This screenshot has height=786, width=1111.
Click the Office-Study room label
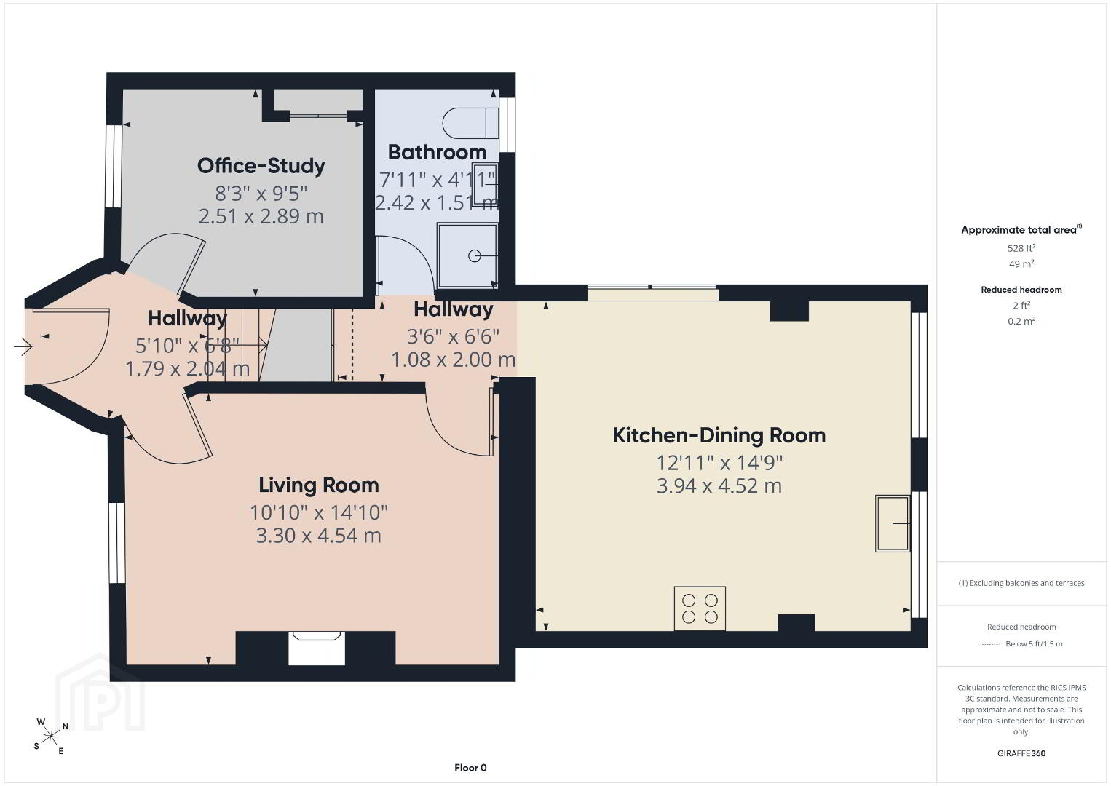point(261,166)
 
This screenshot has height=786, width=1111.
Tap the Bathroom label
point(437,152)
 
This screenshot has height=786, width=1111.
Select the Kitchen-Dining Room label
point(719,435)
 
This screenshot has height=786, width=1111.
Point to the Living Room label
point(318,485)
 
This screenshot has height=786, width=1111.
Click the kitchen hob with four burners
point(700,608)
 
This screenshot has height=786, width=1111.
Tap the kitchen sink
point(893,523)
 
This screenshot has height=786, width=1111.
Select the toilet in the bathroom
point(470,123)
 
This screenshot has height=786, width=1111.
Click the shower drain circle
point(475,256)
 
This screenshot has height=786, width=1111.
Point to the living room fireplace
point(317,648)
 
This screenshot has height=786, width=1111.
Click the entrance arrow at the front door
point(23,346)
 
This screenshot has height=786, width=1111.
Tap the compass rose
point(50,736)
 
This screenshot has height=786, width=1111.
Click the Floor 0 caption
point(470,768)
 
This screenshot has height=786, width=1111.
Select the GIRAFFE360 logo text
point(1021,753)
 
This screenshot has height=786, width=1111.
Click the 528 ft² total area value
point(1021,248)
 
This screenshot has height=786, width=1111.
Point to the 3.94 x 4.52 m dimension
point(719,486)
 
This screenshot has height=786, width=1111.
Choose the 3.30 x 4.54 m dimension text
point(318,536)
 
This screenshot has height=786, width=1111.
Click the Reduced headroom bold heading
point(1021,290)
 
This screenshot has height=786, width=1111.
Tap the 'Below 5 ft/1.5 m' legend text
point(1034,643)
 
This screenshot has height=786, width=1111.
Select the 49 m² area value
point(1021,263)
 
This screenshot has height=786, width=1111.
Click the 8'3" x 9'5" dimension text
point(261,194)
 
